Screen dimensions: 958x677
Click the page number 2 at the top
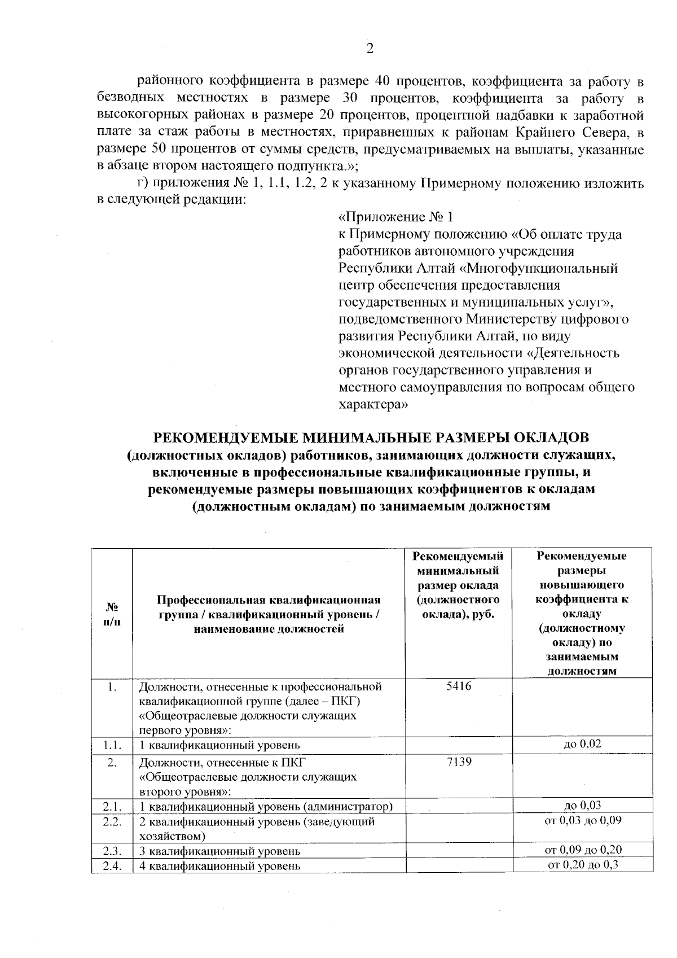pos(370,49)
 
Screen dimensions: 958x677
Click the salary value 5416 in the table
pos(458,686)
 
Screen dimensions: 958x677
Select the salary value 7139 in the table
pos(458,762)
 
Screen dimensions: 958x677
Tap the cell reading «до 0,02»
pos(582,744)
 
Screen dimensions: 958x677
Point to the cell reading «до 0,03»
pos(582,804)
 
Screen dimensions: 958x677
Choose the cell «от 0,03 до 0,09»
pos(582,820)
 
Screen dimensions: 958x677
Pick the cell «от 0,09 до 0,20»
pos(582,850)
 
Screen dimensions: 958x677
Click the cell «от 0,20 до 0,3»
pos(582,864)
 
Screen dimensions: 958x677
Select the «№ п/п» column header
pos(112,614)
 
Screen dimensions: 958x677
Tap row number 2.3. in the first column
pos(112,850)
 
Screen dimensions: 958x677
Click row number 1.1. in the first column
pos(112,745)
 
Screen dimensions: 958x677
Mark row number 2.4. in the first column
pos(112,865)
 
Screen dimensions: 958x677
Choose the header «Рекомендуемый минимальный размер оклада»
pos(458,584)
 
